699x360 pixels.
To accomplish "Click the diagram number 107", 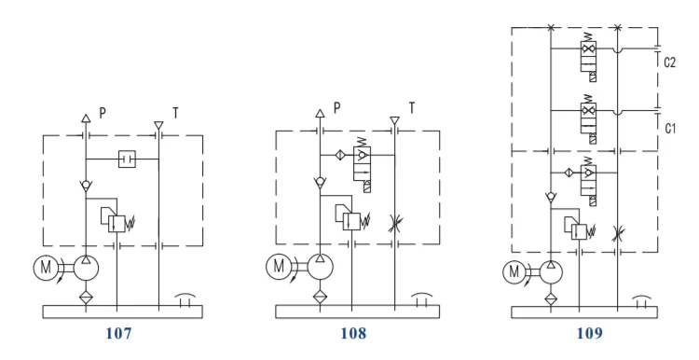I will click(117, 332).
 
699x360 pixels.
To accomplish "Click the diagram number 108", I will click(352, 332).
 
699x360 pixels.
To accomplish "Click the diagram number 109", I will click(589, 332).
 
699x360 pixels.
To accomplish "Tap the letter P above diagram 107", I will click(103, 112).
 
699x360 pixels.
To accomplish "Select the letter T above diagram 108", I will click(411, 107).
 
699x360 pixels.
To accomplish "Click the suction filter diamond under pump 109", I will click(552, 298).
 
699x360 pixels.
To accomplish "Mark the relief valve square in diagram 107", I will click(116, 223).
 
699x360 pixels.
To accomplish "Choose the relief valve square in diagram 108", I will click(351, 221).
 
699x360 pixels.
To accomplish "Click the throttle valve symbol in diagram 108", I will click(395, 223).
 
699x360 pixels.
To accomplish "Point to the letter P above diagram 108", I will click(336, 107).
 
